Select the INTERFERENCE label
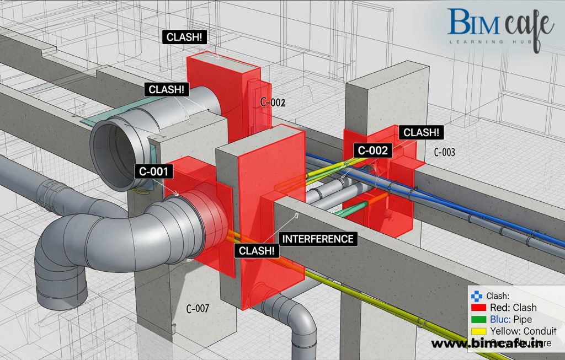(318, 239)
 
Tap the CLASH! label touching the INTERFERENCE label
(257, 250)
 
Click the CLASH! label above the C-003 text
(422, 132)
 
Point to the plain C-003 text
(444, 152)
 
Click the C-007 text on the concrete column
(198, 309)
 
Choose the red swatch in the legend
(478, 308)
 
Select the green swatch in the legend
(478, 319)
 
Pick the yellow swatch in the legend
(478, 331)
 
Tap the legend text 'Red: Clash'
(513, 308)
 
